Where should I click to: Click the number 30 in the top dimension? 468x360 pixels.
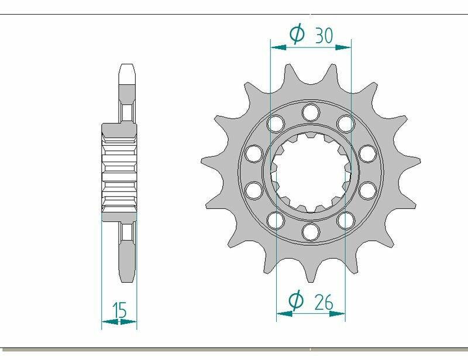click(324, 36)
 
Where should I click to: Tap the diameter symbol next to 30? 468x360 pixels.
click(297, 35)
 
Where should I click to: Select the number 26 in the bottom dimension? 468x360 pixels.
click(323, 302)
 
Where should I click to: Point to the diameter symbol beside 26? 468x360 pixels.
click(297, 301)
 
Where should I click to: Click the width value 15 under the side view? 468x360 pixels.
click(119, 310)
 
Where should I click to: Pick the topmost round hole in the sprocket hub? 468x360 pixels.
click(310, 111)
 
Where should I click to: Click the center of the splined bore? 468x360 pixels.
click(310, 172)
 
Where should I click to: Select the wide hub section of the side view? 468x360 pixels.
click(119, 172)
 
